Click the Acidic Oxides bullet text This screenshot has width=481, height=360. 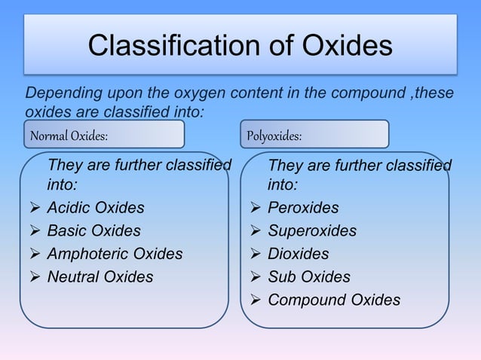pos(96,208)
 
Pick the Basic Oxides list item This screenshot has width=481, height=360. pos(93,230)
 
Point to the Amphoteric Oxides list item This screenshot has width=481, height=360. pos(115,254)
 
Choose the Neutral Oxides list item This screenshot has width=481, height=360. pos(100,277)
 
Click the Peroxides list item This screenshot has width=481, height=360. pos(303,208)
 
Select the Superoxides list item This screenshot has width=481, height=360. pos(312,230)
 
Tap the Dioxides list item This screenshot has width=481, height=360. pos(299,254)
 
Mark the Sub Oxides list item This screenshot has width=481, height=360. pos(309,277)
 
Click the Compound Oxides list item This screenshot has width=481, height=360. pos(334,301)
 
